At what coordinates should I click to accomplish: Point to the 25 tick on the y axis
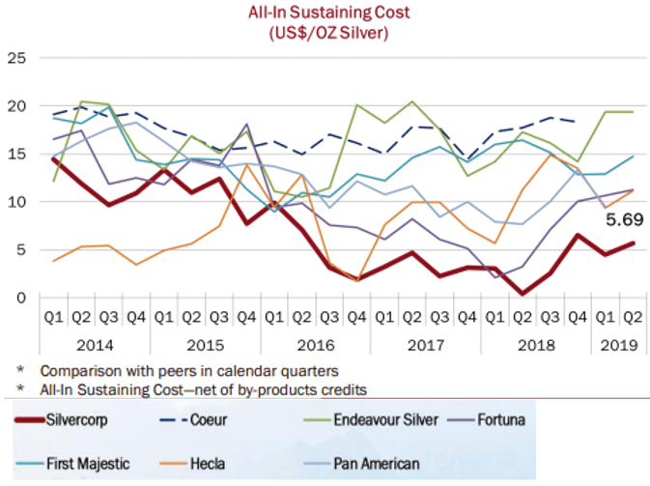click(16, 58)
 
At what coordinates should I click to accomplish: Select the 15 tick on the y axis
click(16, 154)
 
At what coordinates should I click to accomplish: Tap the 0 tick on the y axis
click(20, 297)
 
